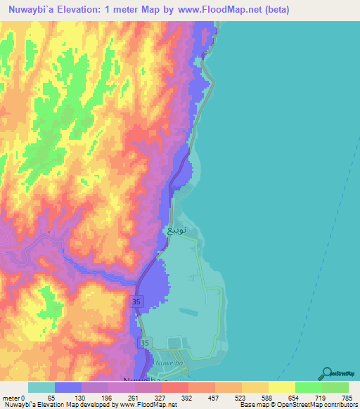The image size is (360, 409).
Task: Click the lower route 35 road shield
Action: point(144,342)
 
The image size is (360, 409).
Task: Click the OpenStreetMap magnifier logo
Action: point(328,373)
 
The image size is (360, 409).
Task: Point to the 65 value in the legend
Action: point(51,397)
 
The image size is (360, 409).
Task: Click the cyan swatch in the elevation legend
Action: point(41,387)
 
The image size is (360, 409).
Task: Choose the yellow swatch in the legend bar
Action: point(281,387)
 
